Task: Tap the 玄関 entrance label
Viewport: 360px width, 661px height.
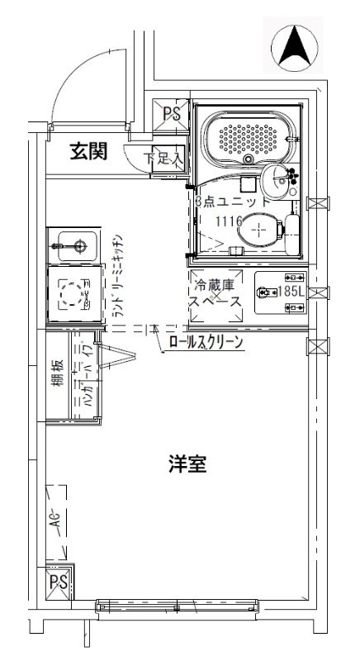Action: pos(88,151)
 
